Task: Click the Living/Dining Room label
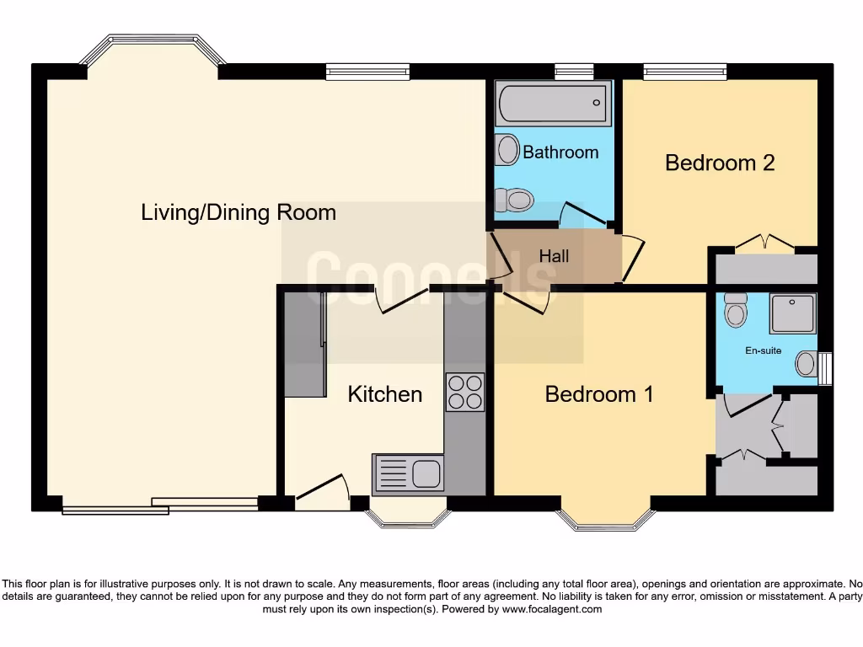[239, 212]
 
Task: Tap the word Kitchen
[385, 393]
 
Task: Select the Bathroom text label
[560, 152]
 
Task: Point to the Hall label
[554, 256]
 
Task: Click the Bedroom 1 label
[598, 393]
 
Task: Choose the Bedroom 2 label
[720, 163]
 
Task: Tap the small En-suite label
[763, 350]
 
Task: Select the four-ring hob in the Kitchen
[464, 392]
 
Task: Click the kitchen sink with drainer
[409, 473]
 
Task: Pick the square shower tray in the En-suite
[792, 313]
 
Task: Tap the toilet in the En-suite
[736, 311]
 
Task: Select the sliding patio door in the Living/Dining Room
[160, 505]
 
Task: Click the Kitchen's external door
[322, 492]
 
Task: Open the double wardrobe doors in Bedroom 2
[764, 243]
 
